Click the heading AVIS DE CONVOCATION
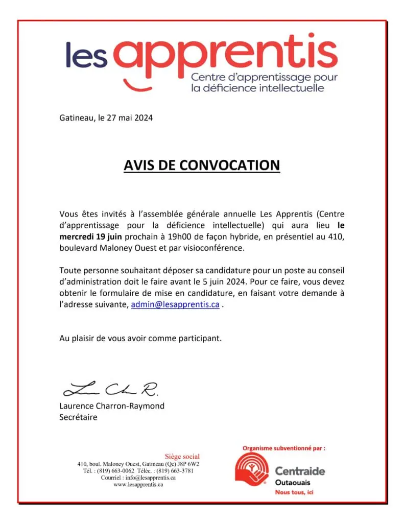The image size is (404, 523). pyautogui.click(x=202, y=165)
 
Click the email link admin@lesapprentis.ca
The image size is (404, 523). pyautogui.click(x=175, y=304)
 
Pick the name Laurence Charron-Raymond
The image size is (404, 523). pyautogui.click(x=112, y=406)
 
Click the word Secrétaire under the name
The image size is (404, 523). pyautogui.click(x=78, y=417)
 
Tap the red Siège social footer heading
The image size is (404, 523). pyautogui.click(x=182, y=456)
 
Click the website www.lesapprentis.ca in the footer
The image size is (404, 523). pyautogui.click(x=138, y=484)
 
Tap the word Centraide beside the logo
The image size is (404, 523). pyautogui.click(x=300, y=471)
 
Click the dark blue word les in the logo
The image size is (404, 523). pyautogui.click(x=86, y=55)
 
